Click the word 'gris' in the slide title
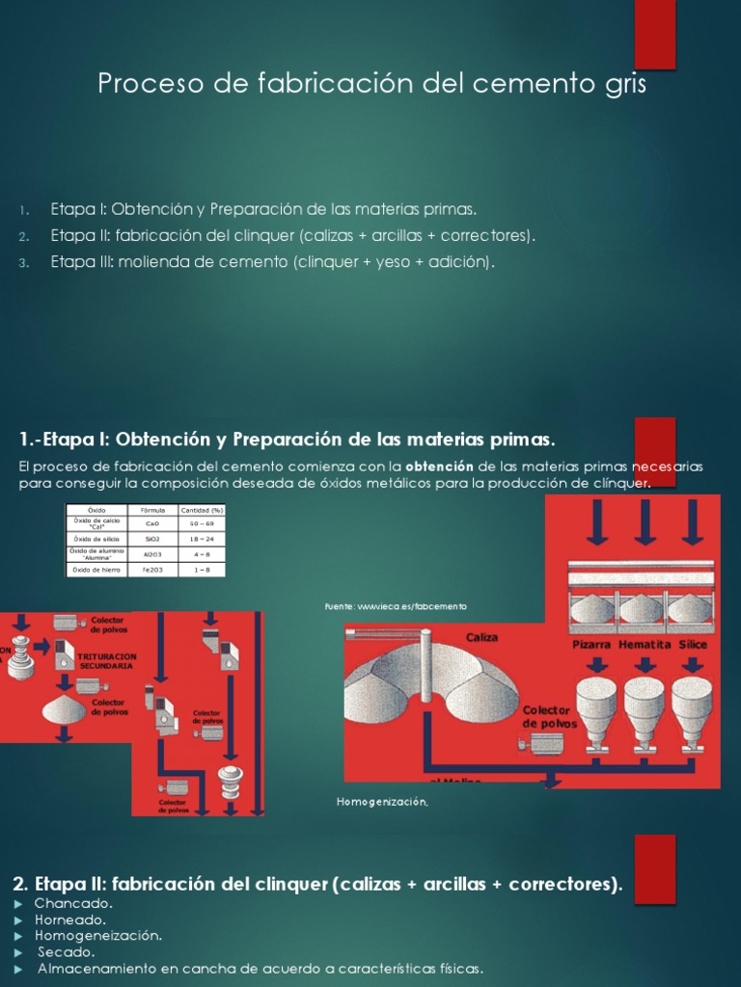[x=621, y=85]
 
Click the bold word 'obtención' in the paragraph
[x=439, y=467]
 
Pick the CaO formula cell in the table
[x=153, y=523]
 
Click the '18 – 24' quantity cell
[x=202, y=540]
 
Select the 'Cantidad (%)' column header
[x=202, y=509]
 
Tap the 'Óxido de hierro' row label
[x=96, y=570]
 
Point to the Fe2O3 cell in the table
[x=153, y=570]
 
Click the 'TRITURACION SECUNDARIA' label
[x=108, y=660]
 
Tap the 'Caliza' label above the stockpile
[x=481, y=637]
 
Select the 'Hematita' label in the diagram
[x=645, y=644]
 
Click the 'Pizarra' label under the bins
[x=591, y=644]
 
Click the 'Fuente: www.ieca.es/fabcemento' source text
[x=396, y=606]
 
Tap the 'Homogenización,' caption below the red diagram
[x=381, y=802]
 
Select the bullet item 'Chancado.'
[x=73, y=903]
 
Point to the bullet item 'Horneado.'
[x=70, y=920]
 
